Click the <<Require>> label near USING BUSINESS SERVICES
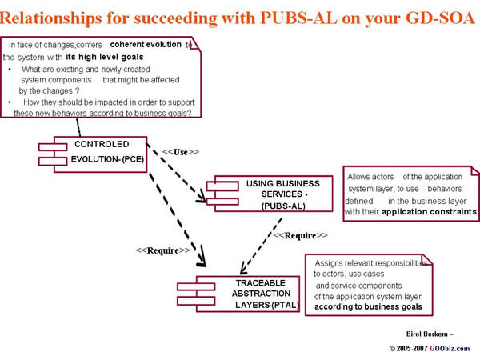[x=301, y=235]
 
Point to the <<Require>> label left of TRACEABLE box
[x=163, y=250]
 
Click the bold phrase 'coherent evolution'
[x=146, y=45]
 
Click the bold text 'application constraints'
[x=430, y=212]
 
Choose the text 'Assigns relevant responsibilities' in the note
[x=370, y=262]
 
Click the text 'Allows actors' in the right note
[x=373, y=176]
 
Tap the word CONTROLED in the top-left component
[x=102, y=144]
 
